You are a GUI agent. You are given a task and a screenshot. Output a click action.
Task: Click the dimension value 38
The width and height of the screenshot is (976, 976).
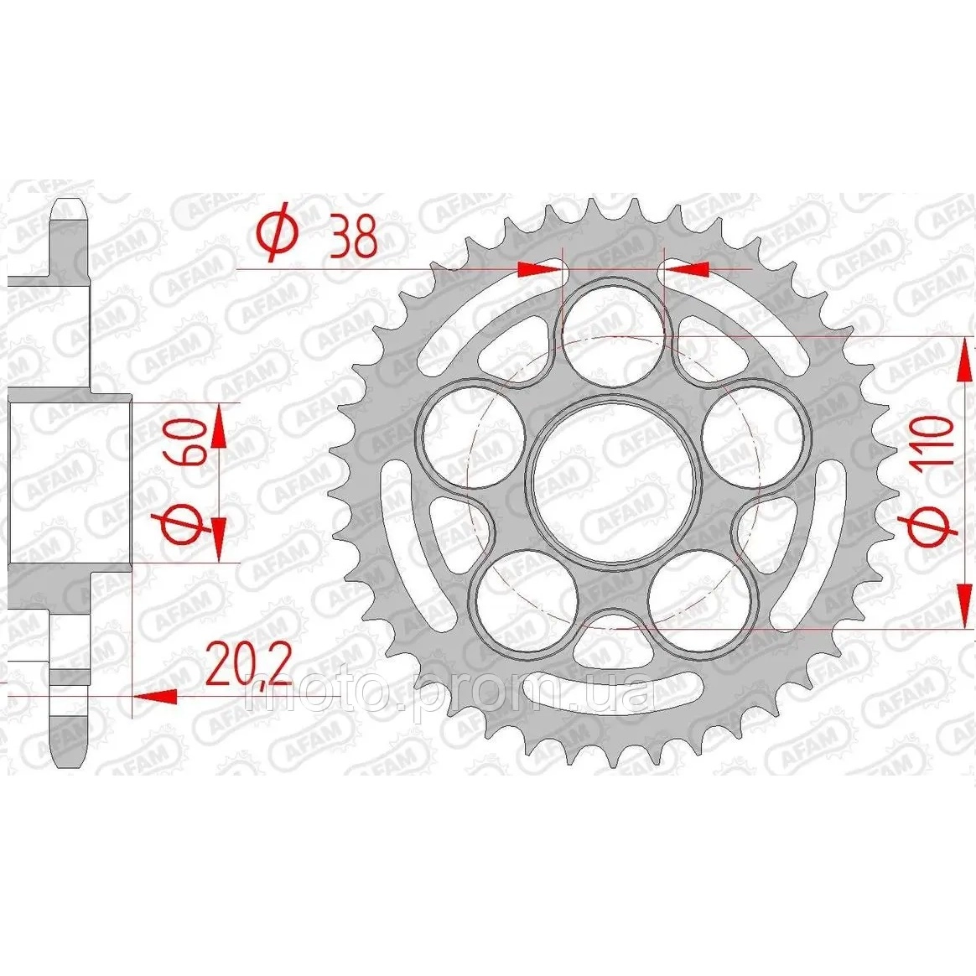(354, 236)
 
